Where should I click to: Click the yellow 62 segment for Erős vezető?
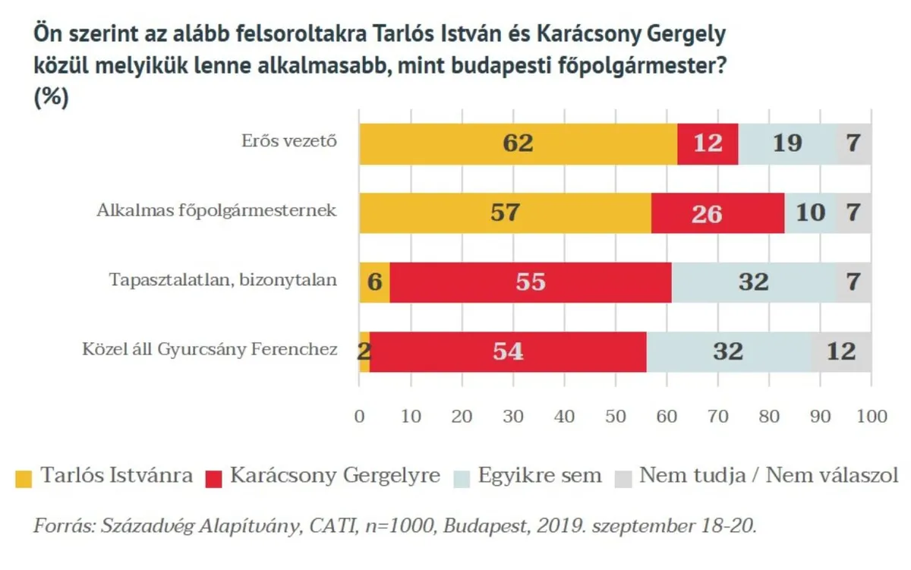point(518,143)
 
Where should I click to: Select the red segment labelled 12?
point(708,143)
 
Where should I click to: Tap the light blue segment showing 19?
point(787,143)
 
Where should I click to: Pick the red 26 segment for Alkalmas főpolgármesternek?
point(717,213)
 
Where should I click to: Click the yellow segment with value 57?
point(505,213)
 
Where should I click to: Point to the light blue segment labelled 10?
point(810,213)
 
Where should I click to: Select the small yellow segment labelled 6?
point(375,282)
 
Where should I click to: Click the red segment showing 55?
point(530,282)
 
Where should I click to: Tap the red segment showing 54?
point(509,351)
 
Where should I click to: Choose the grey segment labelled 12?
point(841,351)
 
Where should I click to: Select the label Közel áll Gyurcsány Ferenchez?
point(210,350)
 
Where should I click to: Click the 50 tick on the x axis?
point(616,416)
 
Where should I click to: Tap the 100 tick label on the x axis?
point(871,416)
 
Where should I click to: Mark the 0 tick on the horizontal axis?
point(360,416)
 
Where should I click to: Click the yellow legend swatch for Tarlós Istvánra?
point(24,477)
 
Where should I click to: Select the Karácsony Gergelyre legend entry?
point(335,476)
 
